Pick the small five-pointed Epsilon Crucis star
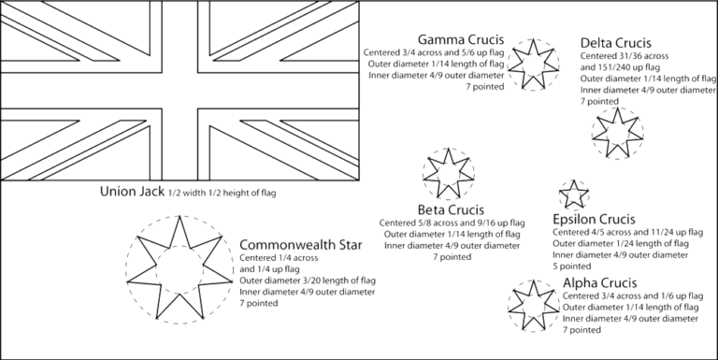pos(571,194)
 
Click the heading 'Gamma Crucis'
pos(461,40)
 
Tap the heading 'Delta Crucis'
pos(616,43)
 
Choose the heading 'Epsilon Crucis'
pos(596,217)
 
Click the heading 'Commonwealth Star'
pos(290,243)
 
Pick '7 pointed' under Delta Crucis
pos(598,101)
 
